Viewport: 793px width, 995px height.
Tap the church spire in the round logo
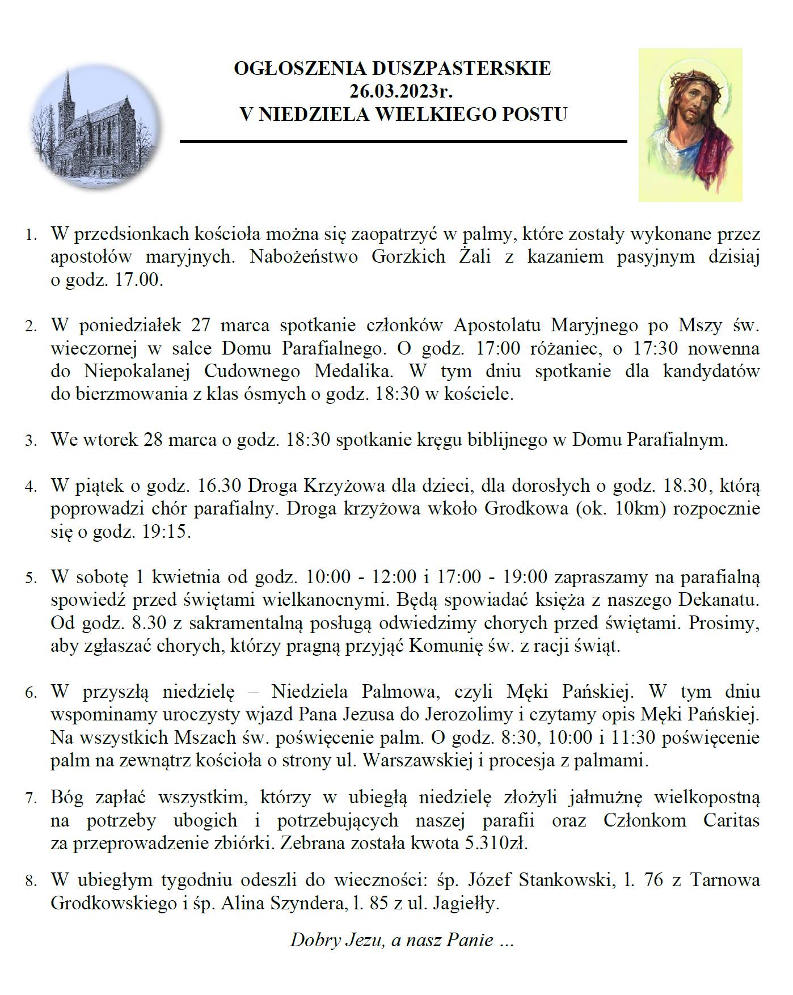pyautogui.click(x=69, y=91)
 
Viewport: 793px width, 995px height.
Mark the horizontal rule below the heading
pyautogui.click(x=403, y=141)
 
